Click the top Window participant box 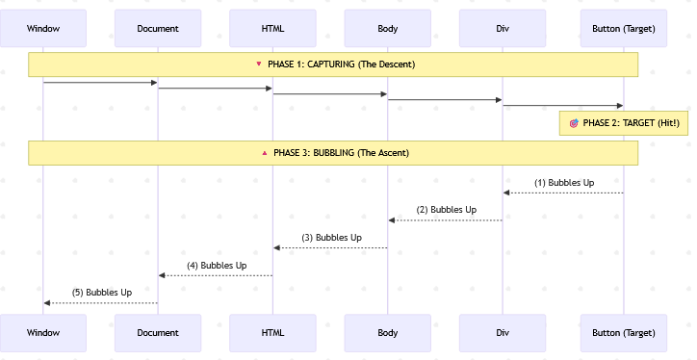click(43, 28)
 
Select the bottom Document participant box click(158, 332)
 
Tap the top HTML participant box click(272, 28)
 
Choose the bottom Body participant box click(388, 332)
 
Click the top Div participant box click(503, 28)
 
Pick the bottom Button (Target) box click(623, 332)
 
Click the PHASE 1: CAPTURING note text click(341, 64)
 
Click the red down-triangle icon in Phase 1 click(258, 64)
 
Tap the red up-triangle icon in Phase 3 click(265, 152)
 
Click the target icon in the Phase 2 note click(574, 123)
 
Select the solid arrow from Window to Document click(100, 83)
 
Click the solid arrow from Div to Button click(563, 106)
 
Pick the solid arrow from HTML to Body click(330, 94)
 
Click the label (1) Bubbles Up click(564, 182)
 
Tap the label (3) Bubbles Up click(331, 237)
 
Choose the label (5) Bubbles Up click(101, 292)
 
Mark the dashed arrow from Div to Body click(445, 220)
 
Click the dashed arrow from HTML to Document click(216, 275)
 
